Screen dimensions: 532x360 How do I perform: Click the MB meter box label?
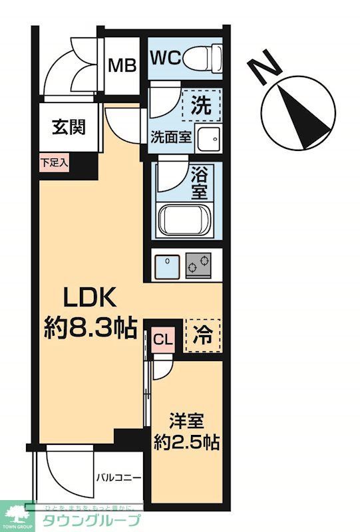pyautogui.click(x=122, y=65)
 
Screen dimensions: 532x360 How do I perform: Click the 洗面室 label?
pyautogui.click(x=170, y=137)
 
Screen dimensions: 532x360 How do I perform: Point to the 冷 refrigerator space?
pyautogui.click(x=202, y=335)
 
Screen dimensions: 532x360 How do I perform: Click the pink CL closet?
pyautogui.click(x=162, y=340)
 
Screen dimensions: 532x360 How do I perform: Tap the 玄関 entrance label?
pyautogui.click(x=69, y=126)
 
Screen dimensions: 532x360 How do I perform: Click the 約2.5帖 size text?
pyautogui.click(x=187, y=442)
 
